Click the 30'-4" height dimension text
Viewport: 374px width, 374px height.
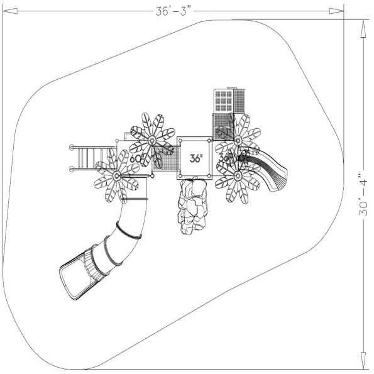tap(363, 195)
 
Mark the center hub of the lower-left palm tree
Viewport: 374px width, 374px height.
tap(118, 176)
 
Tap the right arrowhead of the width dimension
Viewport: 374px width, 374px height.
tap(340, 10)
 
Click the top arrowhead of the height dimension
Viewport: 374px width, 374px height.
tap(363, 24)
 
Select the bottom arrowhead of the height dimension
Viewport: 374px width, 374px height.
tap(363, 365)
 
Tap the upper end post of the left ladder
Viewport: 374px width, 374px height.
tap(72, 147)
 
